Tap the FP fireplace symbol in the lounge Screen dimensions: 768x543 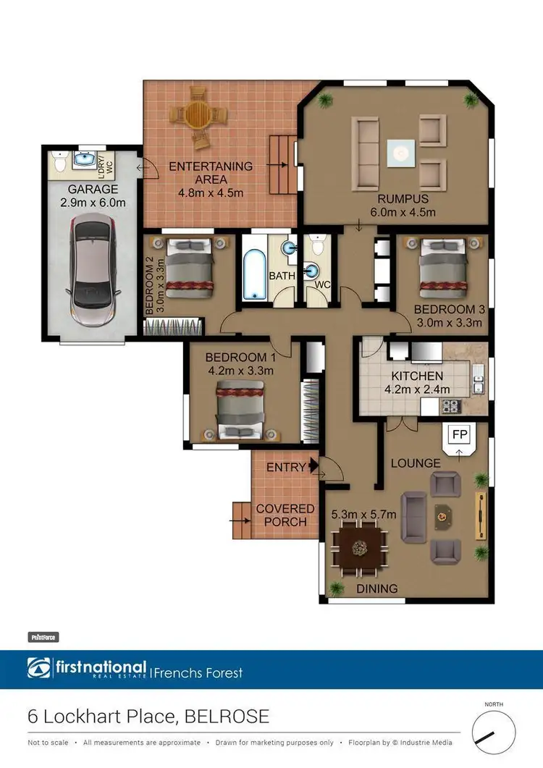459,435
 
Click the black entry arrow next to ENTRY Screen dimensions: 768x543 313,467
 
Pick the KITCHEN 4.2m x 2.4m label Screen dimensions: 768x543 417,382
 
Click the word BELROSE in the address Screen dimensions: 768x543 227,717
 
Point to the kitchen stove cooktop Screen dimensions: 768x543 452,406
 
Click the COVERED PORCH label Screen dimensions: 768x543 285,515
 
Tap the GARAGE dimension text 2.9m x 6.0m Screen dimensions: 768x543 93,203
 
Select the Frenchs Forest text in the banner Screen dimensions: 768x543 199,673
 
